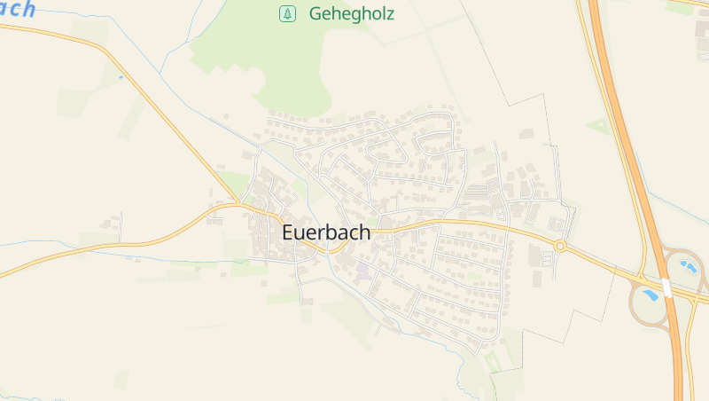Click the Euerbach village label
(326, 232)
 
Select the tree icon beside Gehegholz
(287, 13)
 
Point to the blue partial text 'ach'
(18, 9)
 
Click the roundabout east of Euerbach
(560, 246)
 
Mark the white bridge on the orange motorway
(666, 287)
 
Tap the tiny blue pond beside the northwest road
(121, 77)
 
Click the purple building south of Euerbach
(362, 269)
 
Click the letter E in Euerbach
(288, 232)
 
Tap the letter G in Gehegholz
(315, 13)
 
